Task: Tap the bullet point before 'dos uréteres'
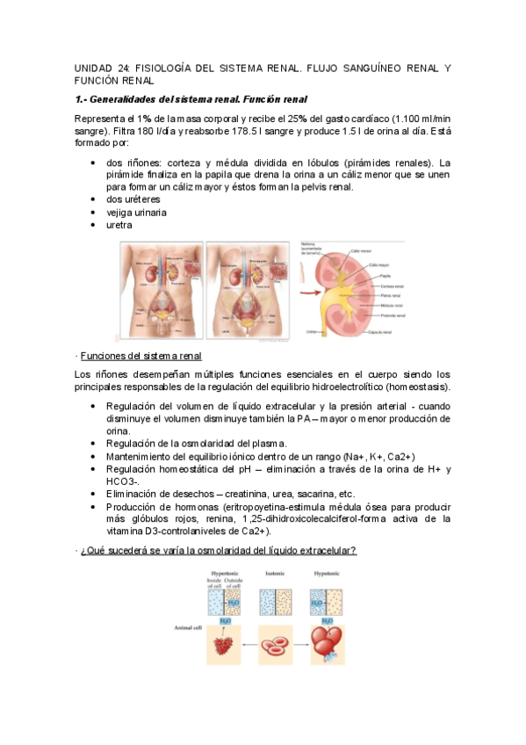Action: pos(94,199)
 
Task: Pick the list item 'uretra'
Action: pos(119,225)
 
